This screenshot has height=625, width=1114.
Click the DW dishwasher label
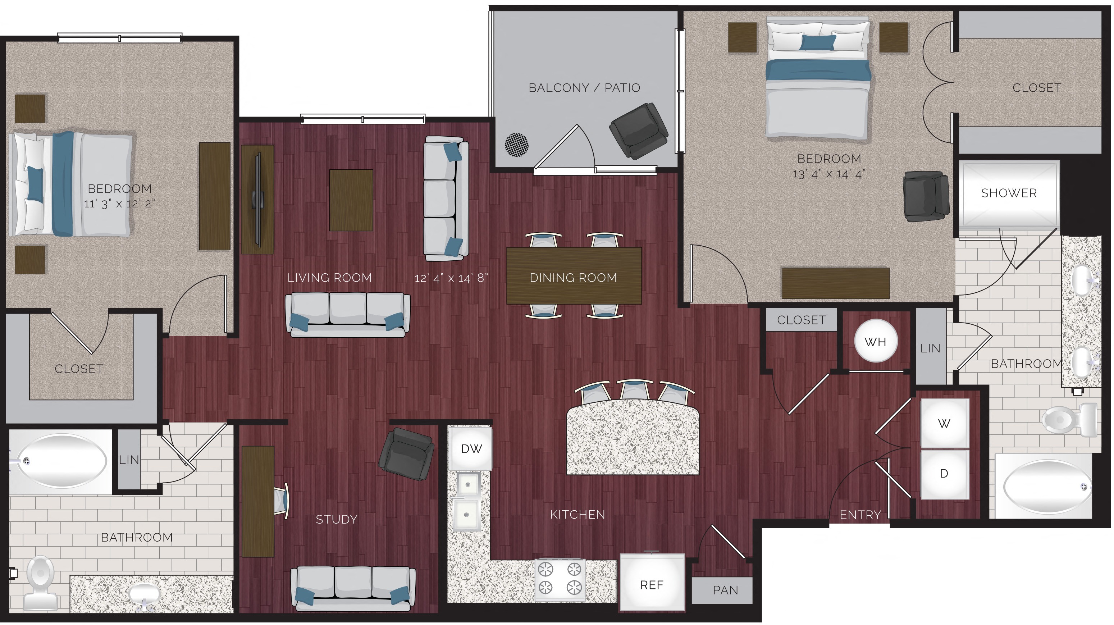pos(471,448)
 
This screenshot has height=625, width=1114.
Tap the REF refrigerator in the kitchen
pos(651,584)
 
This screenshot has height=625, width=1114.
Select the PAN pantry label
pos(725,590)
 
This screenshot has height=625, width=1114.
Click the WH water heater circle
pos(875,342)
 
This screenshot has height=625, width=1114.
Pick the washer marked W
pos(944,424)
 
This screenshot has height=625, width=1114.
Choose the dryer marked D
pos(944,474)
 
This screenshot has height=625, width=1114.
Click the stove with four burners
pos(560,579)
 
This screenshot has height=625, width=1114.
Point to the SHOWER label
pos(1009,193)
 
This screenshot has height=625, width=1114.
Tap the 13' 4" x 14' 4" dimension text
pos(828,174)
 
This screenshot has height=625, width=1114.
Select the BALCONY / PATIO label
pos(584,88)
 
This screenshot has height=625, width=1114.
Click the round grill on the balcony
pos(516,145)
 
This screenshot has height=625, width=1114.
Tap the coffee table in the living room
pos(351,200)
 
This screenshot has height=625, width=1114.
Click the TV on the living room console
pos(258,199)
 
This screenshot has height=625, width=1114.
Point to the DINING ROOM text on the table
pos(573,278)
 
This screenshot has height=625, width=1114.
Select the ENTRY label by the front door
pos(860,515)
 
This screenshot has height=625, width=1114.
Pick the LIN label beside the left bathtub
pos(129,460)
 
